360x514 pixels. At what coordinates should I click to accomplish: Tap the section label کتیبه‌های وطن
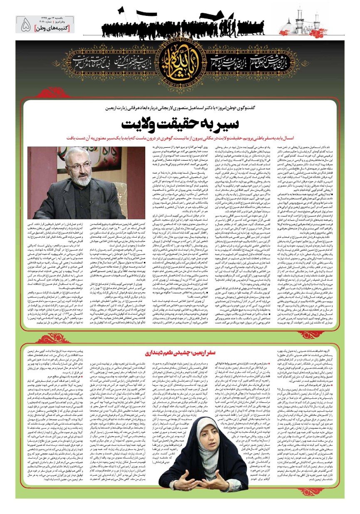55,28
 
